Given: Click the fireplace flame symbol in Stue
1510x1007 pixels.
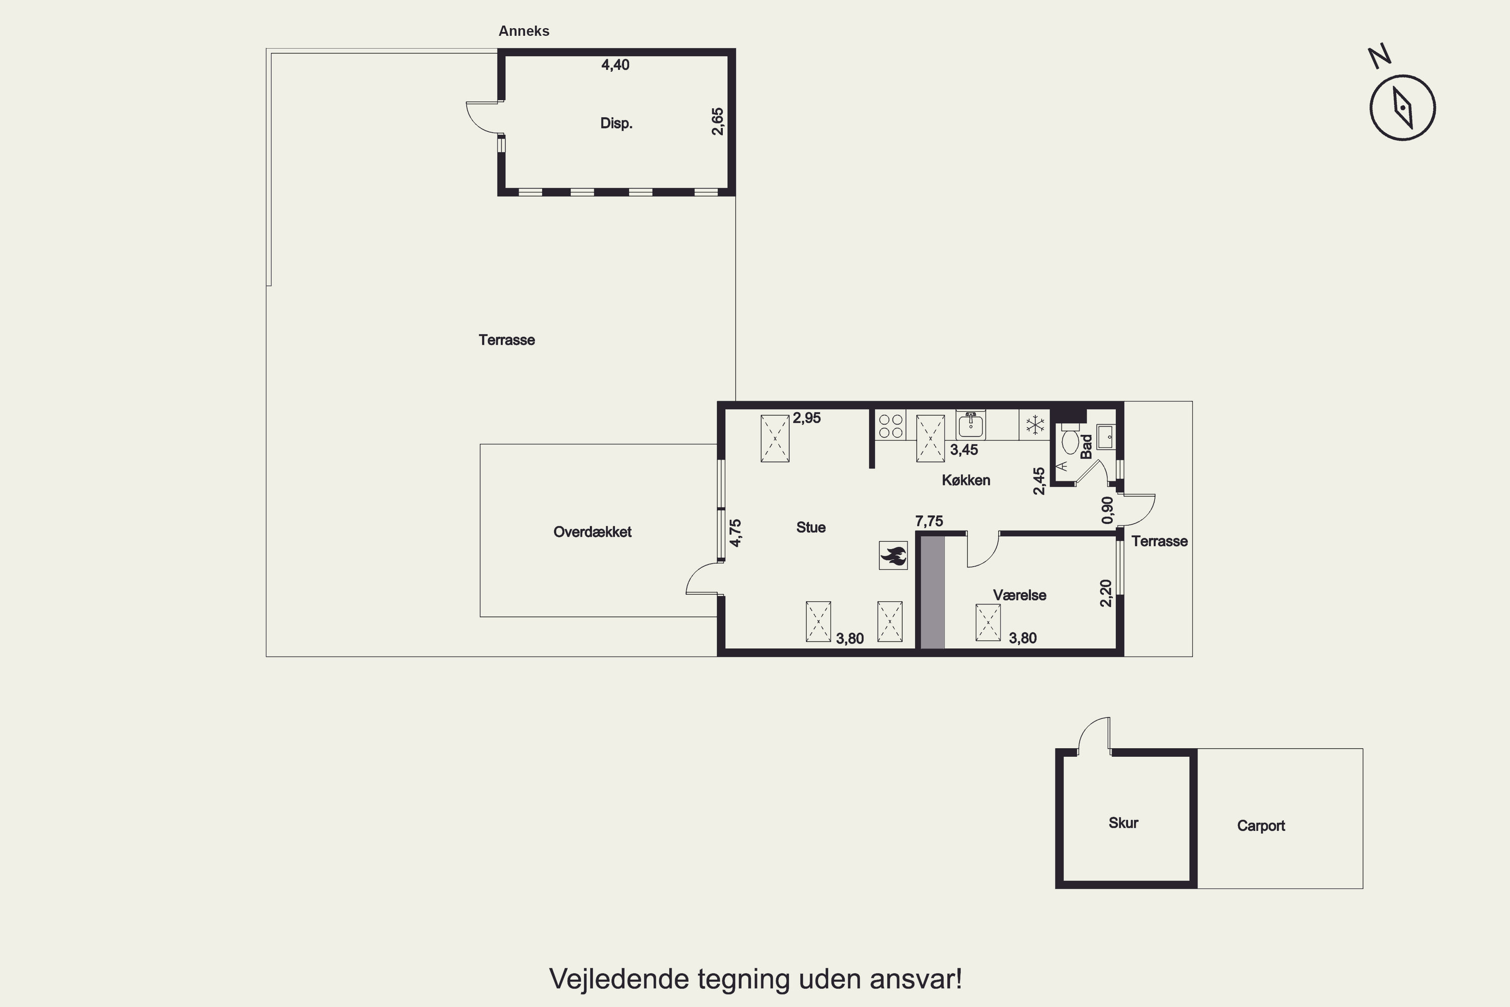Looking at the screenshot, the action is [x=893, y=555].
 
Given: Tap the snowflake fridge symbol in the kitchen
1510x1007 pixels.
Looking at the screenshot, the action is [x=1034, y=424].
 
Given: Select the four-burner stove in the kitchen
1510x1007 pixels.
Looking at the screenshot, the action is [x=891, y=425].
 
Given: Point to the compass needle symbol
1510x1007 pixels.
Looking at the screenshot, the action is [x=1403, y=108].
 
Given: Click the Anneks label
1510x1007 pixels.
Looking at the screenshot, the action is [x=524, y=31].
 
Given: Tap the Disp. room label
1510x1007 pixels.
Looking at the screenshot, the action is [x=616, y=123].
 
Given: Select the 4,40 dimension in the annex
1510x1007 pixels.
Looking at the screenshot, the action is [x=615, y=65].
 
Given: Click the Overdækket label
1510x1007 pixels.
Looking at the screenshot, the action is [x=592, y=532].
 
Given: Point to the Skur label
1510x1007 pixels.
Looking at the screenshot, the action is [x=1123, y=823].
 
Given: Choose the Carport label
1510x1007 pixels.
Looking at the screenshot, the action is [x=1261, y=826].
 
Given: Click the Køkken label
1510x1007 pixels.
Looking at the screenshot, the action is [x=966, y=480].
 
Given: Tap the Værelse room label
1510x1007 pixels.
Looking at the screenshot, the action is [x=1020, y=595].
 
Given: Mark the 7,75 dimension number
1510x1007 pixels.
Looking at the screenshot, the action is [x=929, y=522].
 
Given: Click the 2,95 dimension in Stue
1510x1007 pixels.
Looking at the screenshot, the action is [x=806, y=418].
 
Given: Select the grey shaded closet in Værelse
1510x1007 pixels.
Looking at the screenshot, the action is [x=933, y=593].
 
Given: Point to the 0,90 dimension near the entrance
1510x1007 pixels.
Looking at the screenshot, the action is [x=1107, y=510].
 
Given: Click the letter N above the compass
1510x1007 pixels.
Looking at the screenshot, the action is [x=1380, y=56].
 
